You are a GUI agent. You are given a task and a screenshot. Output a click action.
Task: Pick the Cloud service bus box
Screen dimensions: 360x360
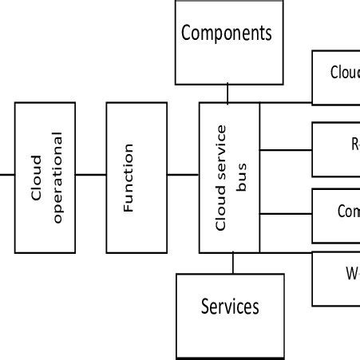point(229,177)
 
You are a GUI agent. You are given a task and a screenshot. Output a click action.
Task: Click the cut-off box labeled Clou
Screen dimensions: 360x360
point(336,77)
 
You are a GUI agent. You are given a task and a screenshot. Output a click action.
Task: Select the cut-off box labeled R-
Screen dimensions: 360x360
point(336,148)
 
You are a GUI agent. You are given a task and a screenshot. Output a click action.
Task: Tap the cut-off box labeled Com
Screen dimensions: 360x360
point(336,215)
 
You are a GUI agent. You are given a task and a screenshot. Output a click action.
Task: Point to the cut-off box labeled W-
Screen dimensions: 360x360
point(336,278)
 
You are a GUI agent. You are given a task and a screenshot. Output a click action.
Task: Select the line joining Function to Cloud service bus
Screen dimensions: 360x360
point(183,174)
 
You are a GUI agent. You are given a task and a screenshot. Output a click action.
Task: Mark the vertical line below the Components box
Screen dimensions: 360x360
point(227,93)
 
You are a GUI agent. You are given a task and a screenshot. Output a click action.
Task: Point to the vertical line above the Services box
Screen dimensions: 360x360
point(232,263)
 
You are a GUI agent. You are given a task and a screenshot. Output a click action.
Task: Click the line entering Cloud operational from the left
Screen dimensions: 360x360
point(7,174)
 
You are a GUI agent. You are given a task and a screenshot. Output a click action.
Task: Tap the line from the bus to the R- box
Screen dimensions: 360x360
point(286,149)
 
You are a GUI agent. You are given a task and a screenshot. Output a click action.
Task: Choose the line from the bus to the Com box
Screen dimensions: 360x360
point(286,214)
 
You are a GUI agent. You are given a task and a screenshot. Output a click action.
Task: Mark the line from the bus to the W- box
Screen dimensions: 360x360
point(286,253)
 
